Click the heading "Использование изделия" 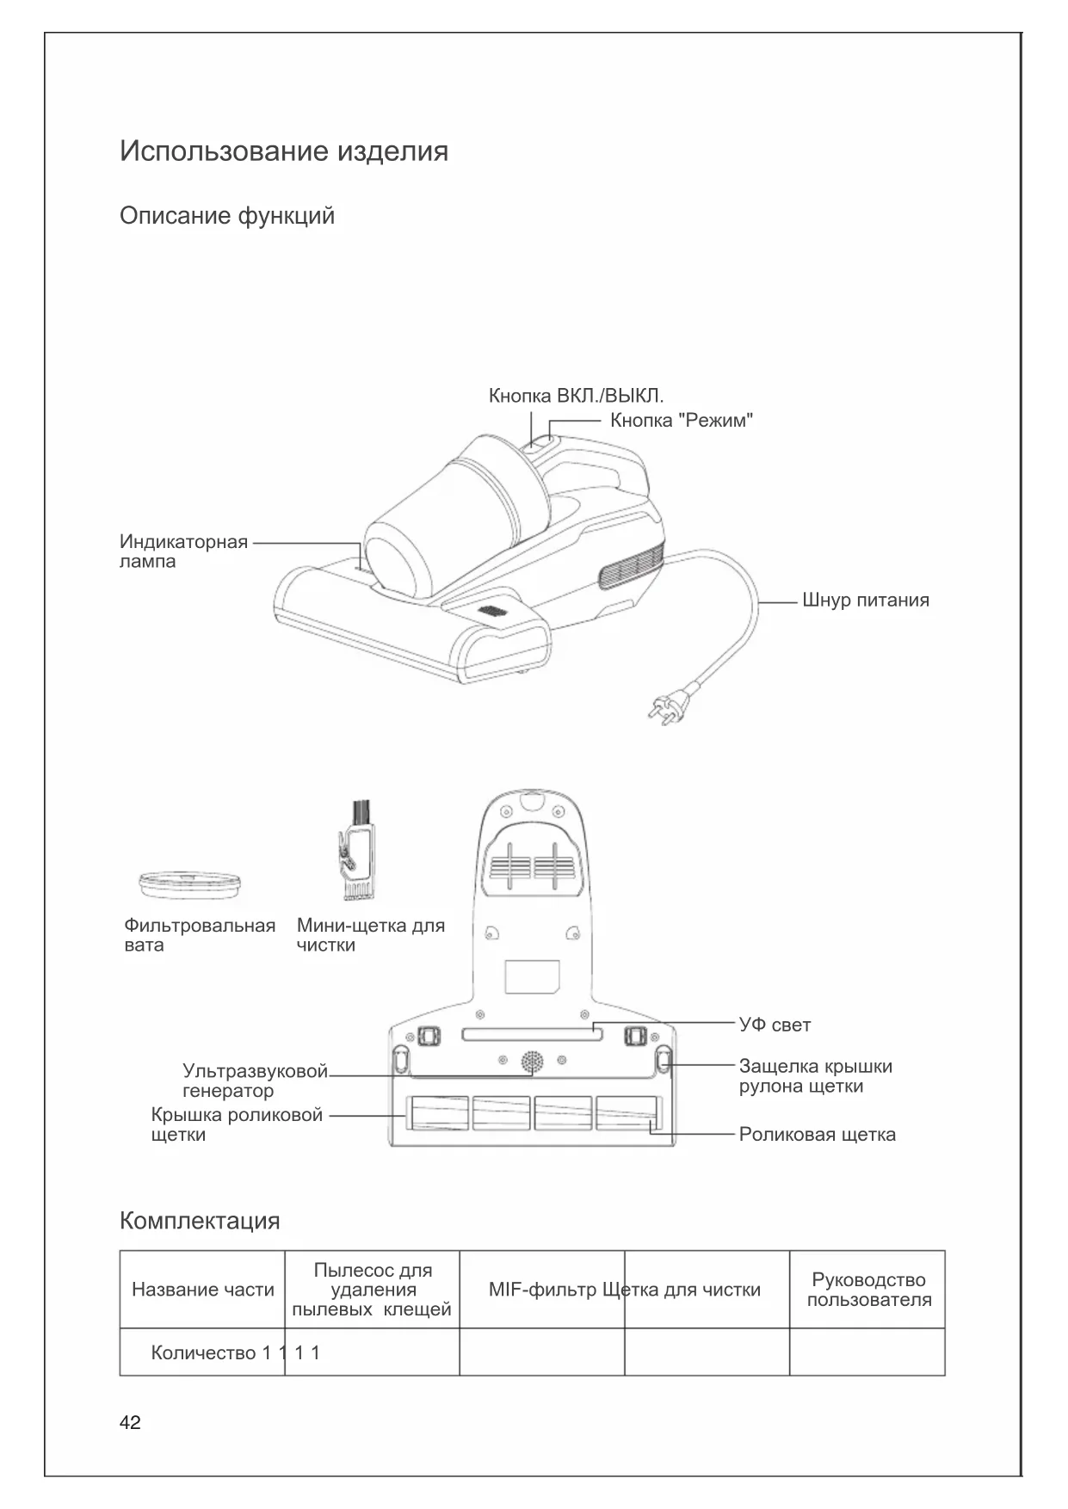[x=284, y=151]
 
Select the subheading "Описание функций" [x=227, y=215]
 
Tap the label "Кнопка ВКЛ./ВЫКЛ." [x=576, y=396]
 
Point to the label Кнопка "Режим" [x=682, y=421]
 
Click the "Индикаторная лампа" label [x=183, y=551]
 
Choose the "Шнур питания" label [x=865, y=601]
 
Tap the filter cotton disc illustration [x=189, y=884]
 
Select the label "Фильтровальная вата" [x=200, y=935]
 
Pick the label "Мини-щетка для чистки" [x=370, y=935]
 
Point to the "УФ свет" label [x=775, y=1025]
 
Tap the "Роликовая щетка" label [x=817, y=1135]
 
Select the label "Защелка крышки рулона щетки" [x=815, y=1076]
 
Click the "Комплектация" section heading [x=200, y=1221]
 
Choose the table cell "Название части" [x=203, y=1290]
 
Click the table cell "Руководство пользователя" [x=868, y=1290]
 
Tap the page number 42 [x=130, y=1423]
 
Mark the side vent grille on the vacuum [x=632, y=569]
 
